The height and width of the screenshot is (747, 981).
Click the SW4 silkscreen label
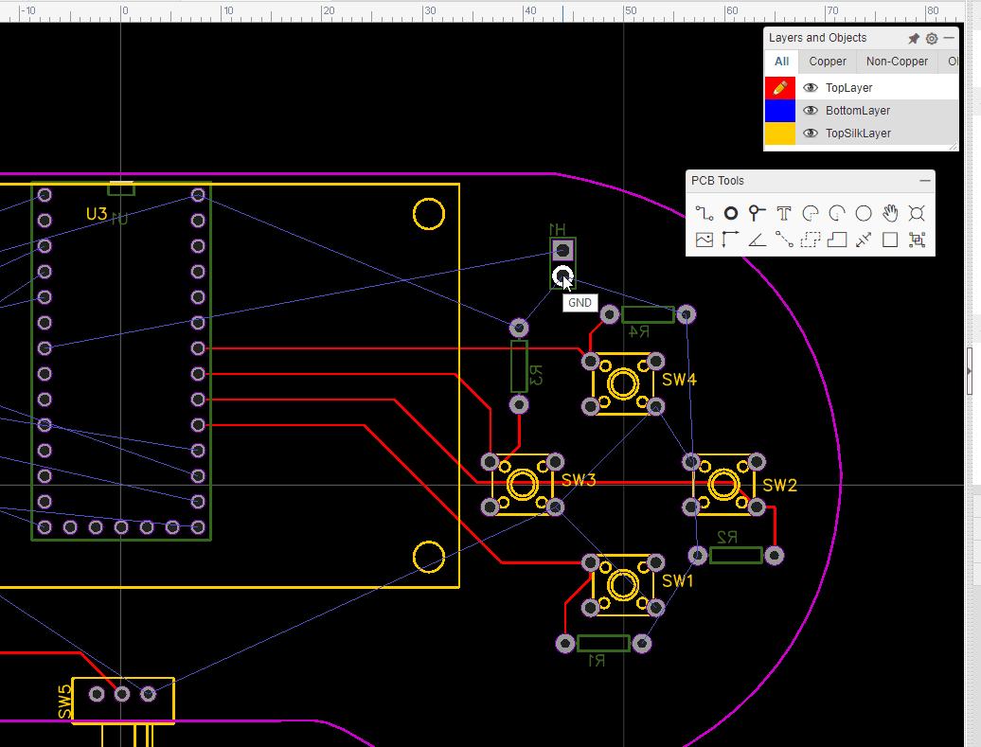pyautogui.click(x=679, y=380)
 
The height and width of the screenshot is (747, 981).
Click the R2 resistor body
pyautogui.click(x=735, y=556)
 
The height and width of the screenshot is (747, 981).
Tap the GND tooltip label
pyautogui.click(x=580, y=303)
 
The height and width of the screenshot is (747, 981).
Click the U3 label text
pyautogui.click(x=97, y=215)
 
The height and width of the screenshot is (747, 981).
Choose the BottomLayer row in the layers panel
pyautogui.click(x=857, y=111)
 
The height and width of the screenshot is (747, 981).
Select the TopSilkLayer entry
pyautogui.click(x=857, y=133)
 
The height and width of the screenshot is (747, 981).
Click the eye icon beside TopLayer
pyautogui.click(x=811, y=88)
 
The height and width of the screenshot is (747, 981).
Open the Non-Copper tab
pyautogui.click(x=897, y=62)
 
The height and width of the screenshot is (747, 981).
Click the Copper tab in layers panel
pyautogui.click(x=828, y=62)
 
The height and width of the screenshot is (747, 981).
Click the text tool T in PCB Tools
pyautogui.click(x=783, y=213)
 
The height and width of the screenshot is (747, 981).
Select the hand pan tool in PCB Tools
pyautogui.click(x=890, y=213)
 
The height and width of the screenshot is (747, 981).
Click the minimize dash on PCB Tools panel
pyautogui.click(x=925, y=181)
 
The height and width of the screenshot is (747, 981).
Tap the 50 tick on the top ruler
pyautogui.click(x=629, y=10)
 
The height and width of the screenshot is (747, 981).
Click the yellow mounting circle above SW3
pyautogui.click(x=429, y=214)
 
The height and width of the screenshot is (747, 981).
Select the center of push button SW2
pyautogui.click(x=724, y=485)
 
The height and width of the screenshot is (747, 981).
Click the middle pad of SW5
pyautogui.click(x=122, y=694)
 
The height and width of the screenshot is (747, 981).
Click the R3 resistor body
pyautogui.click(x=519, y=366)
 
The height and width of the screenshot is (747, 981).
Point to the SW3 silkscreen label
pyautogui.click(x=578, y=481)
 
